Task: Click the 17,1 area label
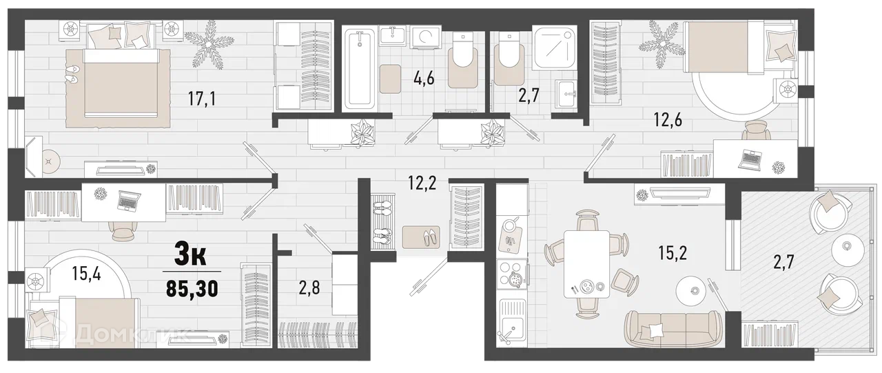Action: pos(202,99)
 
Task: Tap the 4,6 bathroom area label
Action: pos(424,79)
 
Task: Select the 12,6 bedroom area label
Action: pos(668,119)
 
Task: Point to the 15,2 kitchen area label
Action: pos(673,252)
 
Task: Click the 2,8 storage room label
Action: pos(309,288)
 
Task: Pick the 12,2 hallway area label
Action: pos(422,183)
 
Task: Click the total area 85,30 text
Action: pos(192,289)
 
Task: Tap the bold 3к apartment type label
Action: pos(190,256)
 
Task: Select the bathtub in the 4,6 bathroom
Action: pos(360,70)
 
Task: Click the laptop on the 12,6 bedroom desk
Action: pos(750,161)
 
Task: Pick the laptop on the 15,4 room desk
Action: pos(129,201)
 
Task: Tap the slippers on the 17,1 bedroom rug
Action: pos(72,75)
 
